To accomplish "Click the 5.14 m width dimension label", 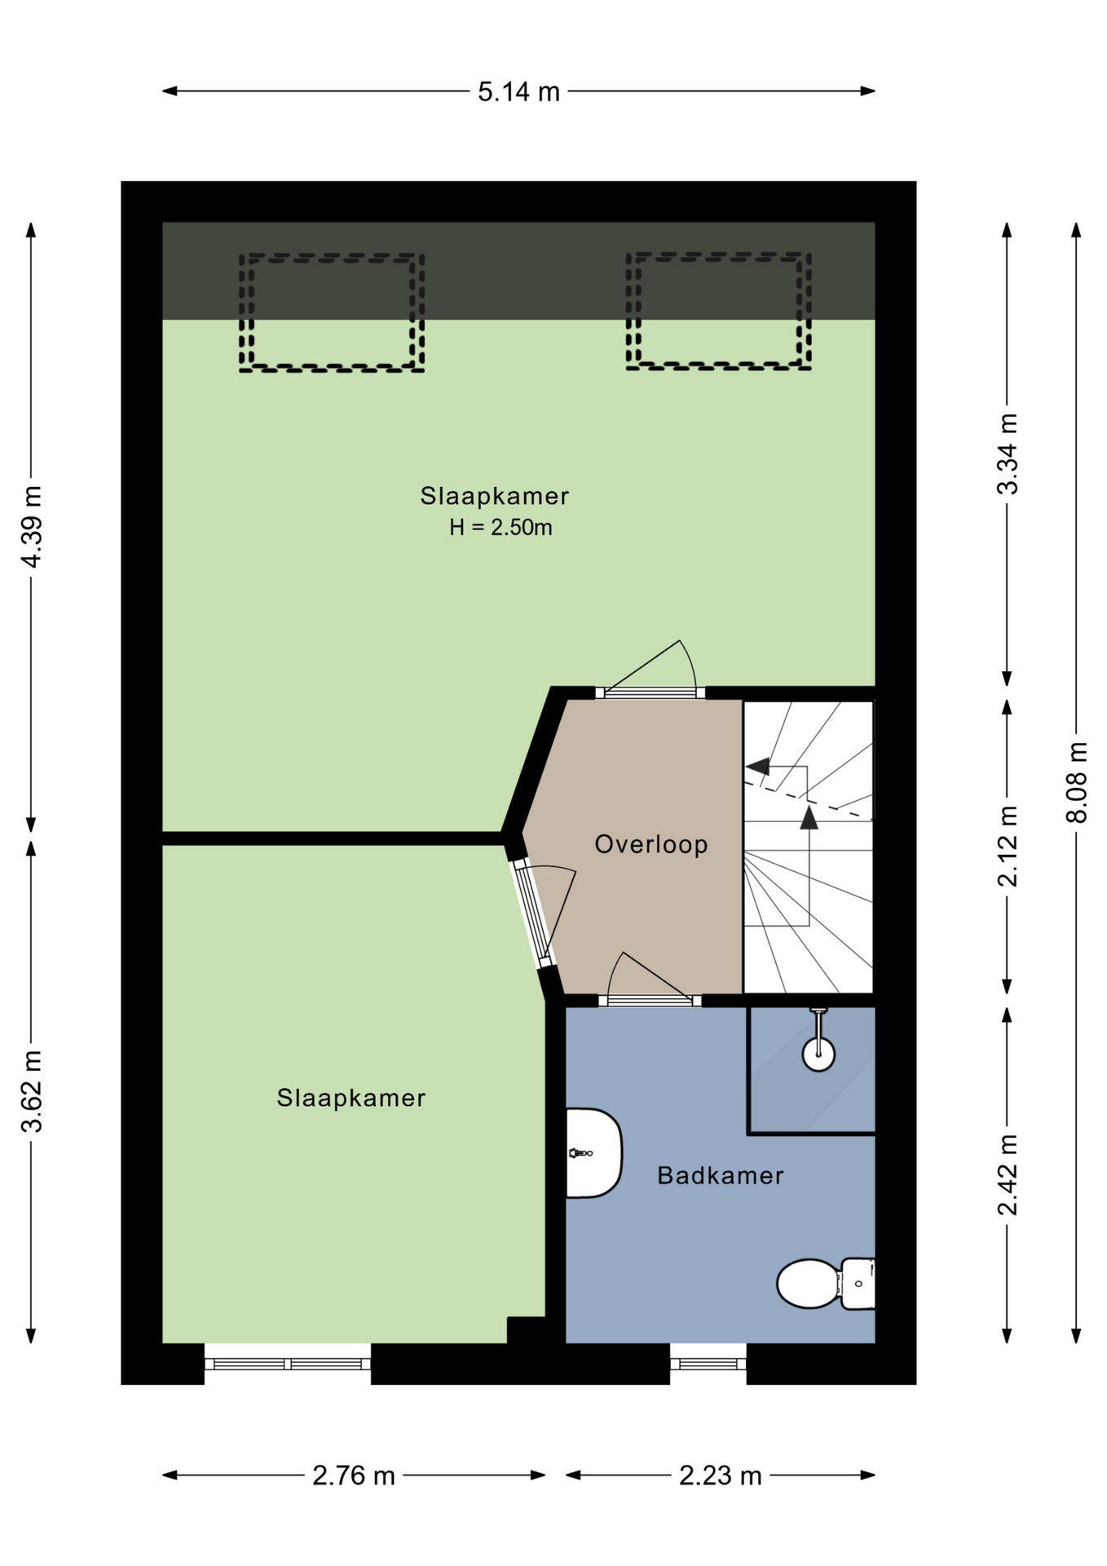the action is click(518, 91).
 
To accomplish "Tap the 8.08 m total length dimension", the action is click(1077, 781).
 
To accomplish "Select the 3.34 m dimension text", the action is click(1008, 453).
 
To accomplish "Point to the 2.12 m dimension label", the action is click(1008, 846).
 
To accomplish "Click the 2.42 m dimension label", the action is click(1008, 1174).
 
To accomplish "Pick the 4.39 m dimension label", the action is click(32, 526).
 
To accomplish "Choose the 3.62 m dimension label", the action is click(32, 1092).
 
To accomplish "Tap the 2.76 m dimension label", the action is click(354, 1475).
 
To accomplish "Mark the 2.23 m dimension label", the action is click(721, 1475).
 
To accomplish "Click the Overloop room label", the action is click(651, 844).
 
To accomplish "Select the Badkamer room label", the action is click(721, 1175).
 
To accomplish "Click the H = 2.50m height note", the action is click(501, 528).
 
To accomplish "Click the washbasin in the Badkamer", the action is click(593, 1152).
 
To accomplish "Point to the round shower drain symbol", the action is click(818, 1054).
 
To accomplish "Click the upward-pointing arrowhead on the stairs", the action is click(809, 817).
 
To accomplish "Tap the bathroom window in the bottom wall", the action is click(708, 1364).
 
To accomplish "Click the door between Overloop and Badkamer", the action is click(650, 1001).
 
